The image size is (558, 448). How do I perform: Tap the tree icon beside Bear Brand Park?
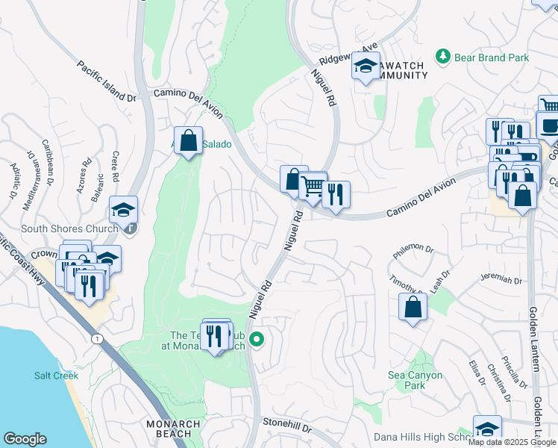443,57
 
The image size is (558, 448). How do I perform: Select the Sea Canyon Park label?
416,380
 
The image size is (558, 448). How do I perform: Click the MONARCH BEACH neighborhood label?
174,429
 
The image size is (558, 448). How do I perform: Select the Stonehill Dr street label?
287,423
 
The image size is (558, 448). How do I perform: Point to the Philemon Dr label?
410,247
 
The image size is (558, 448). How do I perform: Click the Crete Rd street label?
116,167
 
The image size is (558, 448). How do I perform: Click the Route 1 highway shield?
97,339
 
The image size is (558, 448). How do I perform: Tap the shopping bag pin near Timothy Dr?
413,307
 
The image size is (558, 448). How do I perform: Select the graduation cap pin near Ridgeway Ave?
366,66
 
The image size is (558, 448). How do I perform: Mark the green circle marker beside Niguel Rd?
257,340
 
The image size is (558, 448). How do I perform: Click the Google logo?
25,439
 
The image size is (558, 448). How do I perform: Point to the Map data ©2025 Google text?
511,442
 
